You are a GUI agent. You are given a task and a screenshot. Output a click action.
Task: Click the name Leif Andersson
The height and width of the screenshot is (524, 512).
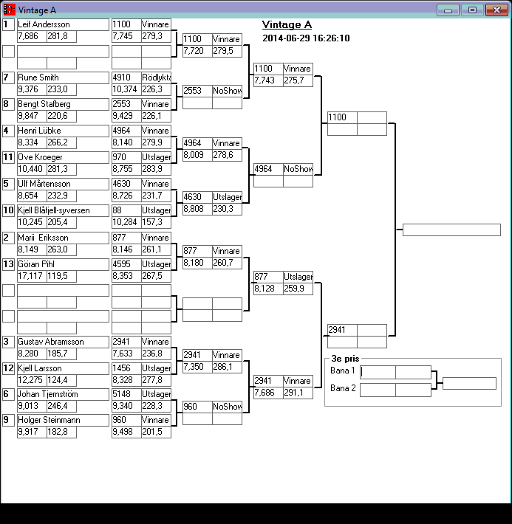[44, 24]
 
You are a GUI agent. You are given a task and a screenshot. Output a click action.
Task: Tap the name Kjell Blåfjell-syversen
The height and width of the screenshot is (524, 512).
[53, 210]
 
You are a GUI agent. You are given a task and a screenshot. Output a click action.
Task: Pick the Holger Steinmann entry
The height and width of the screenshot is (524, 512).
[50, 420]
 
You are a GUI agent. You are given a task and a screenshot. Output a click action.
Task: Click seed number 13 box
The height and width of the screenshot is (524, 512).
[8, 263]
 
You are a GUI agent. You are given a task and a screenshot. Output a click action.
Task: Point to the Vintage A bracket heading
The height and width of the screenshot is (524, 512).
[287, 25]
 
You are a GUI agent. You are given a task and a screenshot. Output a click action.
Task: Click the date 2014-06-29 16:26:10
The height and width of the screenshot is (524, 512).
[306, 38]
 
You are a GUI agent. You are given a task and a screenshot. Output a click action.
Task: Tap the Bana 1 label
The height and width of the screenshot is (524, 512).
[343, 370]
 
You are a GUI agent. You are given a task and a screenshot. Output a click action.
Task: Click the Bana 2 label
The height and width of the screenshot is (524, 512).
[343, 388]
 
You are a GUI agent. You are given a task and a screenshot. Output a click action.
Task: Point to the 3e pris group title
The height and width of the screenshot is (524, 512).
[345, 359]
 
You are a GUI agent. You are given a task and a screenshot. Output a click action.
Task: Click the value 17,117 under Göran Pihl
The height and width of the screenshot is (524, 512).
[31, 275]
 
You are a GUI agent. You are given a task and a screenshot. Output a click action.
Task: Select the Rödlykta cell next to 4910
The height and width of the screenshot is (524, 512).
[156, 77]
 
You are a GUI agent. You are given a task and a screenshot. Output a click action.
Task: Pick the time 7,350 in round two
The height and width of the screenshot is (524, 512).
[197, 367]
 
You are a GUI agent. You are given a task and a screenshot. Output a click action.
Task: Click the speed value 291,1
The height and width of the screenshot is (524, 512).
[298, 393]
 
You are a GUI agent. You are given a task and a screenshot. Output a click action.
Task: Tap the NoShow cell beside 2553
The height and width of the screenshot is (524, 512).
[227, 91]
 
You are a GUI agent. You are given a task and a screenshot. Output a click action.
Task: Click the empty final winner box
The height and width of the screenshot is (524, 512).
[451, 230]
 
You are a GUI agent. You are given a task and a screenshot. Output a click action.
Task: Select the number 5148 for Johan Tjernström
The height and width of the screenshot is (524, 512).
[126, 394]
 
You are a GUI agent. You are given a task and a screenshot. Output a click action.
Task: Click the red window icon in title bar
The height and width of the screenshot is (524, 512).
[10, 10]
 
